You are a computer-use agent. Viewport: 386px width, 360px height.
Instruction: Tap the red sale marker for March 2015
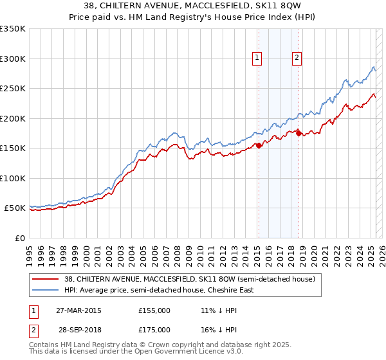259,145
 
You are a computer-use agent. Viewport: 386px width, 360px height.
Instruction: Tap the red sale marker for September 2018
299,134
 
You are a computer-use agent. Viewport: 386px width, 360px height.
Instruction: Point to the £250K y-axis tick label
13,89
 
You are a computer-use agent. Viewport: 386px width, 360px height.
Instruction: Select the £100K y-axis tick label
13,178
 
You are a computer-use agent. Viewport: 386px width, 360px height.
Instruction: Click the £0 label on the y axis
21,238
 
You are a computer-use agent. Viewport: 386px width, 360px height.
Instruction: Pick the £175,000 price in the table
154,329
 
